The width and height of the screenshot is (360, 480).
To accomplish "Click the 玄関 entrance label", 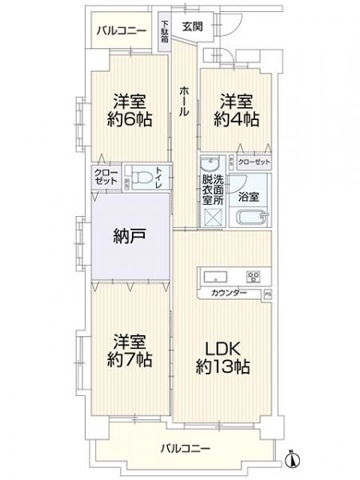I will [x=192, y=26].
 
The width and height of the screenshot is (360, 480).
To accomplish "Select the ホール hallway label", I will [x=184, y=102].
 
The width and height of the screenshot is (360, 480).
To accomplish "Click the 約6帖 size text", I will [x=131, y=120].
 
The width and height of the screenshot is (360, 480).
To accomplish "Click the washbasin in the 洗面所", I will [x=212, y=163].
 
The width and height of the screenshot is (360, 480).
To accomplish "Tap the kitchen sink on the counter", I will [x=217, y=277].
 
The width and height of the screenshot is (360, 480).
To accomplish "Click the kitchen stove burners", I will [x=254, y=278].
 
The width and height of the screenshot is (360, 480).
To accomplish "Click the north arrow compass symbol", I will [x=293, y=462].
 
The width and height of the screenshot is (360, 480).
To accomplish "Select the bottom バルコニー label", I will [x=185, y=447].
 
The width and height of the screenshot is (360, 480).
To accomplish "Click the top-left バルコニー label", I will [x=121, y=31].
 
